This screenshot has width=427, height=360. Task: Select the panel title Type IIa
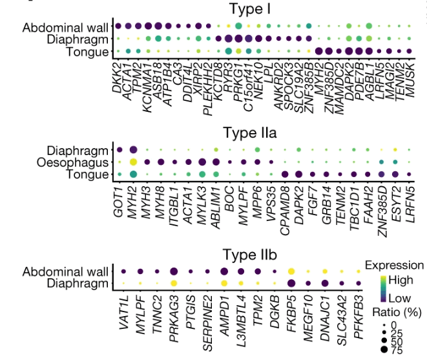tap(250, 133)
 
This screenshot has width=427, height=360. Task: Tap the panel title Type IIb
tap(250, 254)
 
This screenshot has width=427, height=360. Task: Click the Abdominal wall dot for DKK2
tap(119, 26)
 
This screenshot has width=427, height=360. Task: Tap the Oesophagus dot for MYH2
tap(133, 162)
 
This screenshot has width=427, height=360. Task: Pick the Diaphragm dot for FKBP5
tap(291, 283)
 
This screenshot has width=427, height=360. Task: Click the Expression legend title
tap(394, 265)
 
